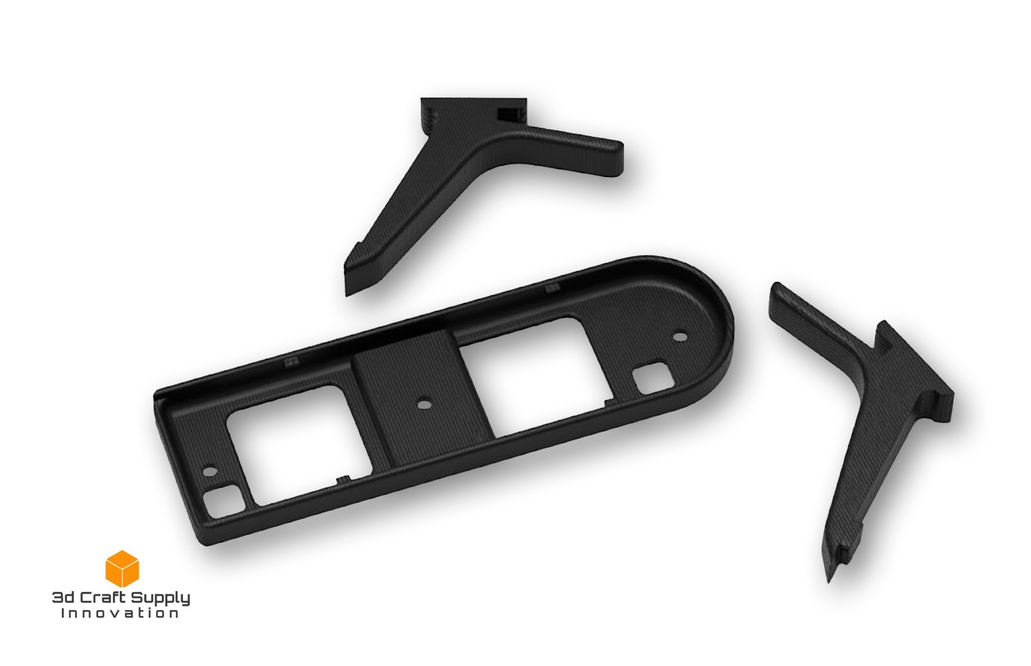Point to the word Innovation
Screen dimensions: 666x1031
(x=120, y=613)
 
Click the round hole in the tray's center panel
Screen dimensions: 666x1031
(x=423, y=405)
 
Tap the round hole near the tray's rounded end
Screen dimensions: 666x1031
(x=680, y=337)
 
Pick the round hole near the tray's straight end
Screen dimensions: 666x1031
(x=207, y=471)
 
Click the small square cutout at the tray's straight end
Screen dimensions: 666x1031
(x=223, y=502)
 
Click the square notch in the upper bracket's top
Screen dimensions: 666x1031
(x=508, y=114)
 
